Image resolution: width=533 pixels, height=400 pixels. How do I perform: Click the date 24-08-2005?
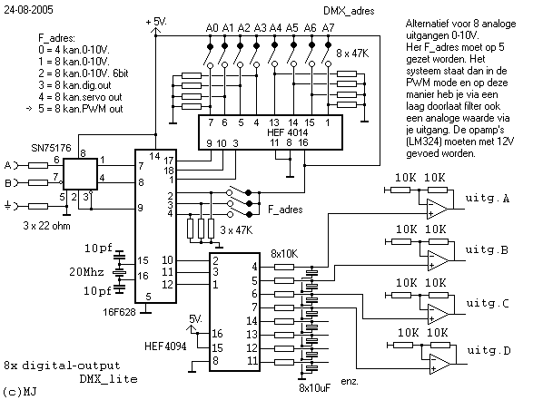coord(28,9)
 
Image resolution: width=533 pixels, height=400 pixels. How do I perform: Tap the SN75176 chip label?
coord(52,148)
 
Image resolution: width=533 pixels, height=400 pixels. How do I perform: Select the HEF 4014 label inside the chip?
coord(287,132)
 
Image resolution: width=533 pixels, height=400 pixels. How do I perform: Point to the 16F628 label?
coord(119,312)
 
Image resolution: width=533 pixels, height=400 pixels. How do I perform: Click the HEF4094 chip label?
coord(165,346)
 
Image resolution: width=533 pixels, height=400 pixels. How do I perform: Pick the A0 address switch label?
coord(212,27)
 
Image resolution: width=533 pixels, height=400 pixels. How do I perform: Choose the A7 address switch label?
coord(328,27)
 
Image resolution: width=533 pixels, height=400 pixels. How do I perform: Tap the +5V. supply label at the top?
coord(156,22)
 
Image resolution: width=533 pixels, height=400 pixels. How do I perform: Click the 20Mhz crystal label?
coord(86,271)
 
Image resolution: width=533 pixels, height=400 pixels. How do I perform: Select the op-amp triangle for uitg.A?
coord(438,209)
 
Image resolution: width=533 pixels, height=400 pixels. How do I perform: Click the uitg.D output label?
coord(489,350)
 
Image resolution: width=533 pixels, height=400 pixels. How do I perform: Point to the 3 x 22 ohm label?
coord(47,226)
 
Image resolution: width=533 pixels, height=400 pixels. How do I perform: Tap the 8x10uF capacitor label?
coord(314,388)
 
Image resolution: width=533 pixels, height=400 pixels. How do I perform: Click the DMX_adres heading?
coord(349,11)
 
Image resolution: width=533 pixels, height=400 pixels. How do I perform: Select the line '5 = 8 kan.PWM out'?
coord(81,109)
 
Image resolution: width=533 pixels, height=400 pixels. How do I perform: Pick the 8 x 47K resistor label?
coord(352,54)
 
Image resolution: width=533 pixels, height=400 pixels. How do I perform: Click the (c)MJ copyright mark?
coord(20,392)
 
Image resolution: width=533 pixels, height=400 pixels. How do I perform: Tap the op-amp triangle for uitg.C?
coord(438,314)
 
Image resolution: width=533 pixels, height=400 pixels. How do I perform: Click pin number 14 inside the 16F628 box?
coord(154,156)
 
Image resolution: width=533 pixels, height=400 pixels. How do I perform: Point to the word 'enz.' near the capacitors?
coord(350,381)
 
